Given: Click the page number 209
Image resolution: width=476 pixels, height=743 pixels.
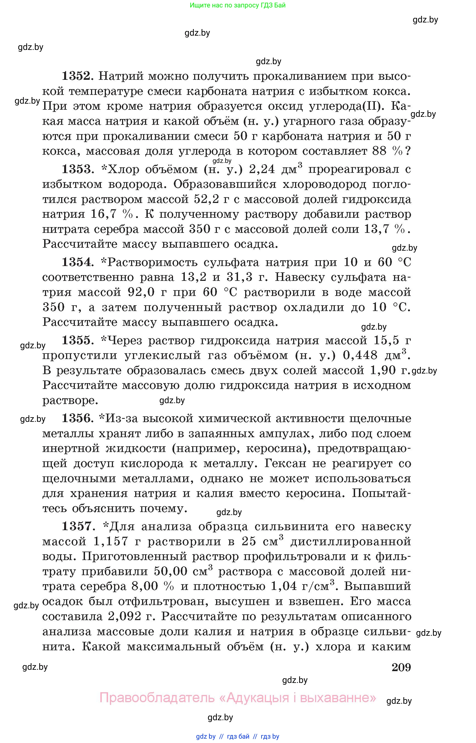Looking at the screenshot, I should (401, 668).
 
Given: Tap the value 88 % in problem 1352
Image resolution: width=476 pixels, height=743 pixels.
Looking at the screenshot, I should (388, 151).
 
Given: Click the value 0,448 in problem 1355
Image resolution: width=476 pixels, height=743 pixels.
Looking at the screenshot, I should (360, 355).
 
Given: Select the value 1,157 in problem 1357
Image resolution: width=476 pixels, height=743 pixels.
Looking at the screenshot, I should (111, 541).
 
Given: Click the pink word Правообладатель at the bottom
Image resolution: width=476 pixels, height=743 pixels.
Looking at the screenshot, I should (157, 698).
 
